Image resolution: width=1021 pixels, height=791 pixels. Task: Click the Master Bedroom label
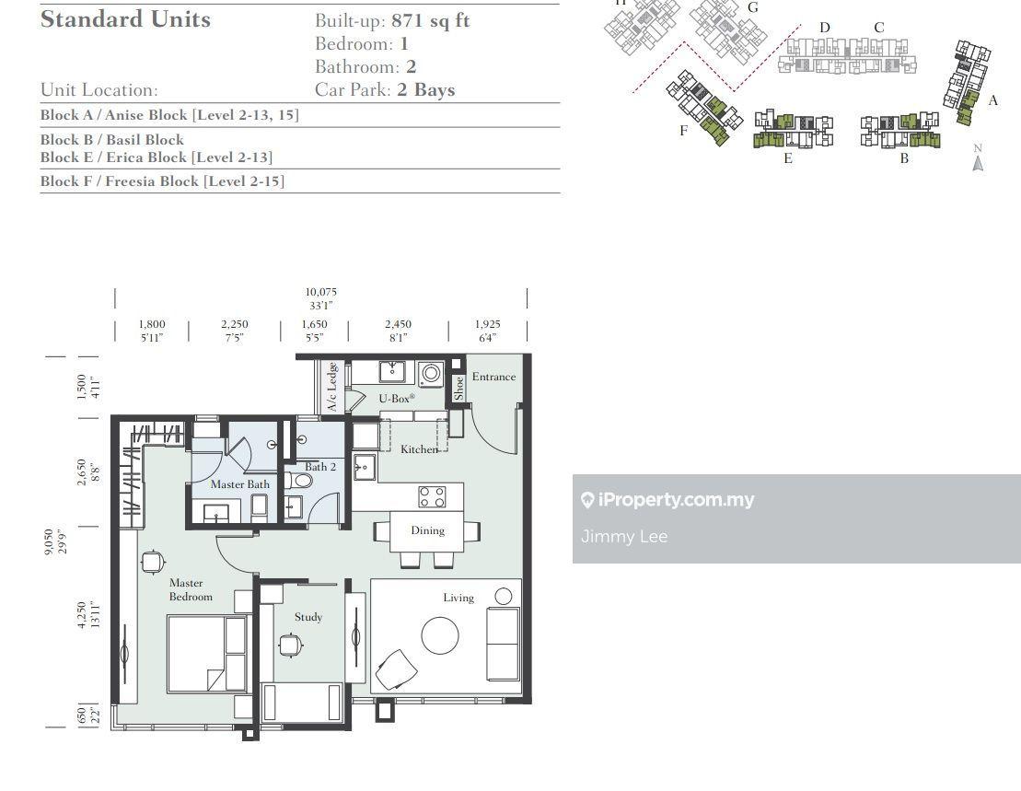click(x=191, y=590)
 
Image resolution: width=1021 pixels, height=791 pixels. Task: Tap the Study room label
click(x=308, y=617)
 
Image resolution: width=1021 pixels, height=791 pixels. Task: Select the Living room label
click(x=458, y=598)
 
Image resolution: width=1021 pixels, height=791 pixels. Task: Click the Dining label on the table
click(x=428, y=530)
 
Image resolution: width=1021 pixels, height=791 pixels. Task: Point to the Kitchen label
click(x=419, y=449)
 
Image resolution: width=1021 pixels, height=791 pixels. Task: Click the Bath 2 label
click(x=320, y=467)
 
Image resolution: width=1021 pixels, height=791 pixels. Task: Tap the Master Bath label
click(x=239, y=484)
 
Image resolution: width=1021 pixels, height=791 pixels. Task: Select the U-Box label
click(x=397, y=398)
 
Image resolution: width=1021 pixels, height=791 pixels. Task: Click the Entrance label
click(x=493, y=377)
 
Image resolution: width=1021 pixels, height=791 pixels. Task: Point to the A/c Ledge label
click(x=332, y=387)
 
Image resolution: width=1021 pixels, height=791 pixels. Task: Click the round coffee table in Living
click(x=440, y=635)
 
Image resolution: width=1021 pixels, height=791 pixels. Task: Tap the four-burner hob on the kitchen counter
click(x=432, y=496)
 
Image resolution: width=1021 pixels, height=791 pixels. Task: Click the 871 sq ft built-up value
click(x=431, y=21)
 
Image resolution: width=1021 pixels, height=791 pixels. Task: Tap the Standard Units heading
click(x=126, y=19)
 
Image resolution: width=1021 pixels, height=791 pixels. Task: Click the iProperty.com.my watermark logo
click(x=667, y=499)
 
